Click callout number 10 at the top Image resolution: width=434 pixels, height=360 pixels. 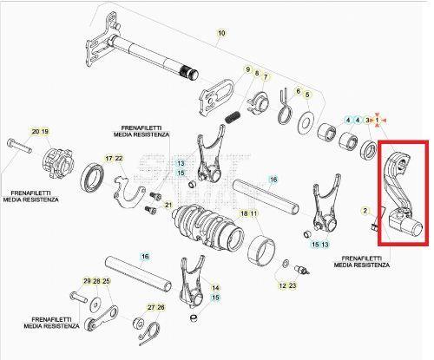click(220, 33)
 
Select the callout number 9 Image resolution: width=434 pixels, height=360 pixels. click(247, 69)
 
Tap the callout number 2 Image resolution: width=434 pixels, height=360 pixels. click(365, 211)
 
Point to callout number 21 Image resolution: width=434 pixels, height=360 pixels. click(168, 206)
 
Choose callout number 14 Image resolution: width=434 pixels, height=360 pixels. click(216, 287)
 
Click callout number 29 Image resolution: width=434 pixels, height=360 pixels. click(87, 282)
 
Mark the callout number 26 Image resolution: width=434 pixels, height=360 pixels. click(161, 307)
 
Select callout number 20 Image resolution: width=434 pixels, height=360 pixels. click(36, 131)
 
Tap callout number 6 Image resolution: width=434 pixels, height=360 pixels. click(298, 91)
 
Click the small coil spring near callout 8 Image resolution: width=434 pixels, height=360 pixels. click(232, 116)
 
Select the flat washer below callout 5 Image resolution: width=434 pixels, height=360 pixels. click(306, 121)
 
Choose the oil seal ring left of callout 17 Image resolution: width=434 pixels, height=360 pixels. click(93, 181)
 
